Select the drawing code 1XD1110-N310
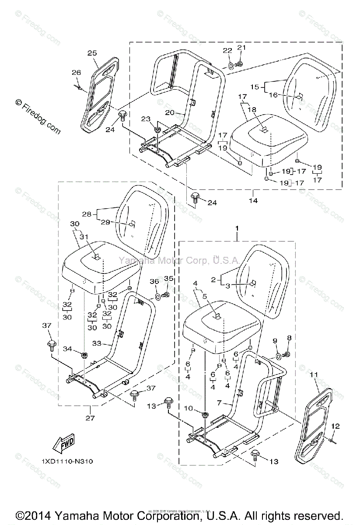point(67,462)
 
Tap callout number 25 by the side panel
point(92,53)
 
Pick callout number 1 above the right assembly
point(237,228)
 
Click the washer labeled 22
point(230,66)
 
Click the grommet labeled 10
point(205,414)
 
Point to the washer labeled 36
point(157,297)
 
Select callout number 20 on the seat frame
point(170,112)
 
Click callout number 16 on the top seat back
point(273,95)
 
